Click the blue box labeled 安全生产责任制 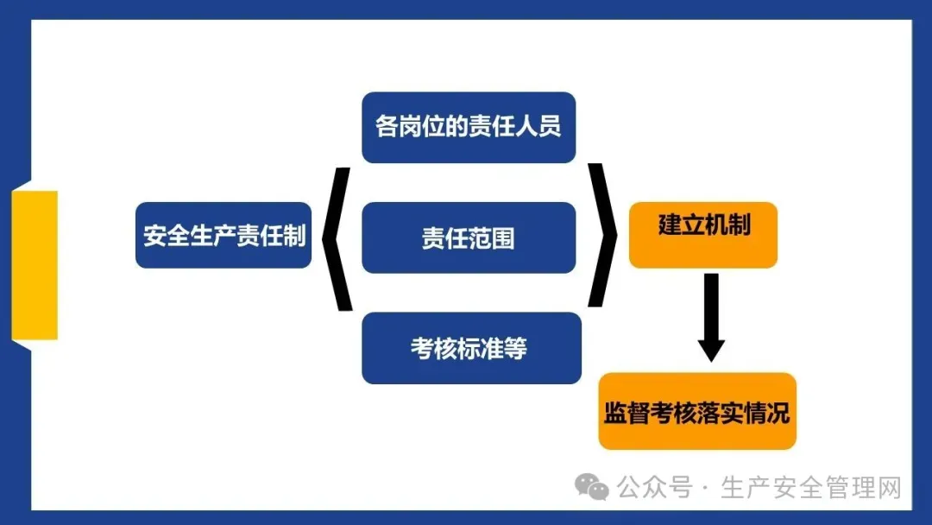[224, 235]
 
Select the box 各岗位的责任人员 [469, 127]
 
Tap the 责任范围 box [469, 237]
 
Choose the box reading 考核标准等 [471, 348]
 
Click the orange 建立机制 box [703, 235]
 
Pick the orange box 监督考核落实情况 [696, 412]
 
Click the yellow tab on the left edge [35, 265]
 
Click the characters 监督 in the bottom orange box [627, 413]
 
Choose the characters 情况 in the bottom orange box [767, 413]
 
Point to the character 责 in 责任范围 [433, 238]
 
